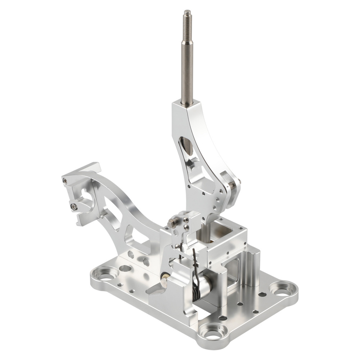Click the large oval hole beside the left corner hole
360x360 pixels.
[x=125, y=268]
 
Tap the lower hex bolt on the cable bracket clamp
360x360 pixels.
[x=74, y=206]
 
